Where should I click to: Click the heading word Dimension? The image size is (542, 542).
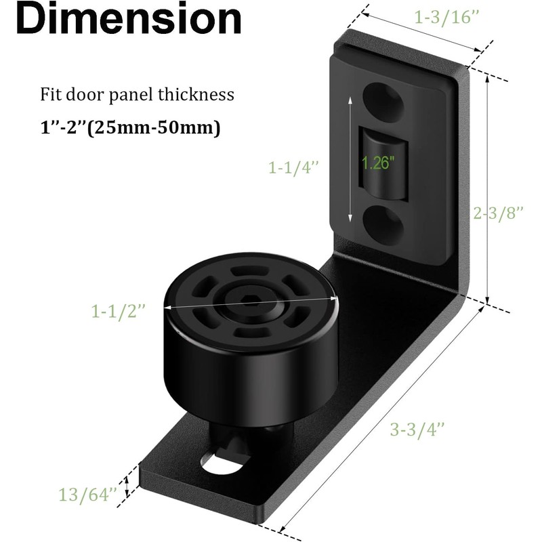point(128,20)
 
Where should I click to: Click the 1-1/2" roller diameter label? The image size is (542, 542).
point(119,311)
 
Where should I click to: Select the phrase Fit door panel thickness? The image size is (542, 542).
point(136,94)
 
